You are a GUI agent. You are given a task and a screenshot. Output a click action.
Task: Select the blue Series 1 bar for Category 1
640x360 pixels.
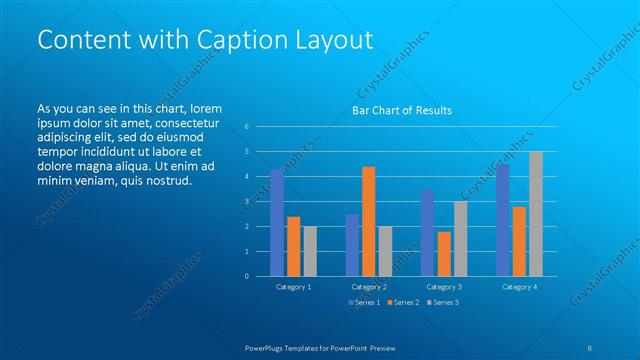pyautogui.click(x=277, y=223)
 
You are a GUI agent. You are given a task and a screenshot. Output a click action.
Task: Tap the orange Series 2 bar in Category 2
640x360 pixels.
pyautogui.click(x=368, y=222)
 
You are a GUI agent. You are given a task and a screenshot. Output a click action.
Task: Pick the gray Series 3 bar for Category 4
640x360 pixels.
pyautogui.click(x=536, y=214)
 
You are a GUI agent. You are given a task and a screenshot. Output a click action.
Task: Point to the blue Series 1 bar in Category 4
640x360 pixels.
pyautogui.click(x=502, y=220)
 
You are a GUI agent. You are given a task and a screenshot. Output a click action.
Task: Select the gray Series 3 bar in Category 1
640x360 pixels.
pyautogui.click(x=310, y=251)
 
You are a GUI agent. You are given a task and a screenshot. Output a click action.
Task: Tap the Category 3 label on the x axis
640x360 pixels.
pyautogui.click(x=444, y=287)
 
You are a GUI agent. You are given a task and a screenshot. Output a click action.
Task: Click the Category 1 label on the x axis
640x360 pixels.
pyautogui.click(x=293, y=287)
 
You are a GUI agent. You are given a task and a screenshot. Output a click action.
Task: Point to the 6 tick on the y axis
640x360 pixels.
pyautogui.click(x=246, y=127)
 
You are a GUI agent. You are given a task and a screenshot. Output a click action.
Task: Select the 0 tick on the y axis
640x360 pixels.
pyautogui.click(x=246, y=277)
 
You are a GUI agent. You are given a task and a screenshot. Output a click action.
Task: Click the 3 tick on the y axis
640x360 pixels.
pyautogui.click(x=246, y=202)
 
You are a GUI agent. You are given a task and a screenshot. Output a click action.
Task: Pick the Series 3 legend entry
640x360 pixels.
pyautogui.click(x=442, y=302)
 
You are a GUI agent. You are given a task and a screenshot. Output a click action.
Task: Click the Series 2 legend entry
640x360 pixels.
pyautogui.click(x=402, y=302)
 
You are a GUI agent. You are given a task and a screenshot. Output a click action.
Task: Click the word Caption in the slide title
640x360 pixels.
pyautogui.click(x=224, y=39)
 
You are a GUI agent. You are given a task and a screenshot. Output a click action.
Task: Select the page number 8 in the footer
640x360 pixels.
pyautogui.click(x=589, y=346)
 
